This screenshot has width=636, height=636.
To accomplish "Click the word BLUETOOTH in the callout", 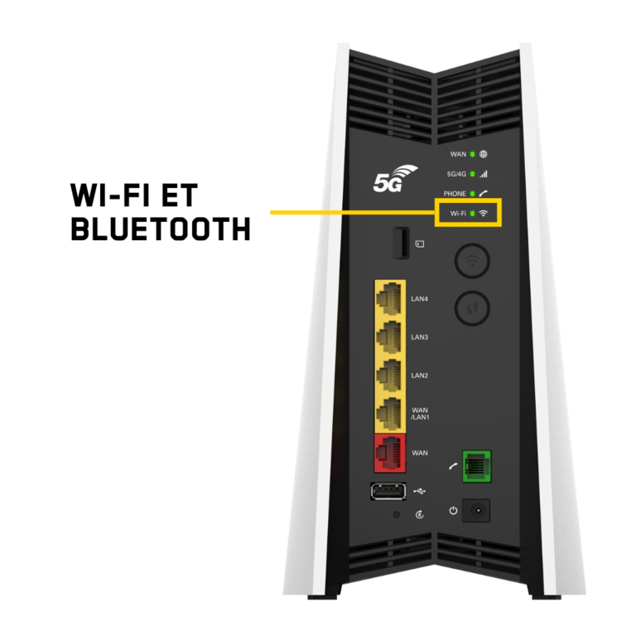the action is click(x=161, y=229).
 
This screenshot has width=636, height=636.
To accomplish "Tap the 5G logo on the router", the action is click(x=395, y=179).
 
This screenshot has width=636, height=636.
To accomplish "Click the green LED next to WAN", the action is click(x=472, y=154).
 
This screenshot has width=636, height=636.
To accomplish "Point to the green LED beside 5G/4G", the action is click(x=472, y=174).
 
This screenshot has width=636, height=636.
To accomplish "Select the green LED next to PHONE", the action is click(x=472, y=194).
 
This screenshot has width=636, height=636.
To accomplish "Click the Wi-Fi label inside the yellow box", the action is click(x=458, y=214).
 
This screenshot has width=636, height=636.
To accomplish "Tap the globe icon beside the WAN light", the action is click(x=483, y=154).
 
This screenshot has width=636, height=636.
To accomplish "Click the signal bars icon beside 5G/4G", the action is click(x=483, y=174).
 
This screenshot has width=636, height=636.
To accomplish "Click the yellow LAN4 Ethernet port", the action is click(x=389, y=299).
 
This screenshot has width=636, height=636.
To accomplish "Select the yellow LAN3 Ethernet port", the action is click(x=389, y=337).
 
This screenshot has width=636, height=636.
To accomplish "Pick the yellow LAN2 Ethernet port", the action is click(x=389, y=376).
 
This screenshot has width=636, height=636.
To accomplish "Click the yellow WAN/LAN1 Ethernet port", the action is click(x=389, y=414).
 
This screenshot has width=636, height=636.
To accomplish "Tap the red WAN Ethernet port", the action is click(x=390, y=453).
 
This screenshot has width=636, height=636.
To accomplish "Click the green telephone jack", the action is click(x=477, y=466).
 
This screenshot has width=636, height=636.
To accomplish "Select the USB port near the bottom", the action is click(x=388, y=491).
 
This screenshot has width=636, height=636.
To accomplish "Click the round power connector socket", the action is click(x=477, y=510).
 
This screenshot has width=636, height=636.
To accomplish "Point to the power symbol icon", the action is click(x=453, y=510).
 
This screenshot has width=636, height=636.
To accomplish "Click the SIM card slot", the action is click(x=401, y=243).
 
